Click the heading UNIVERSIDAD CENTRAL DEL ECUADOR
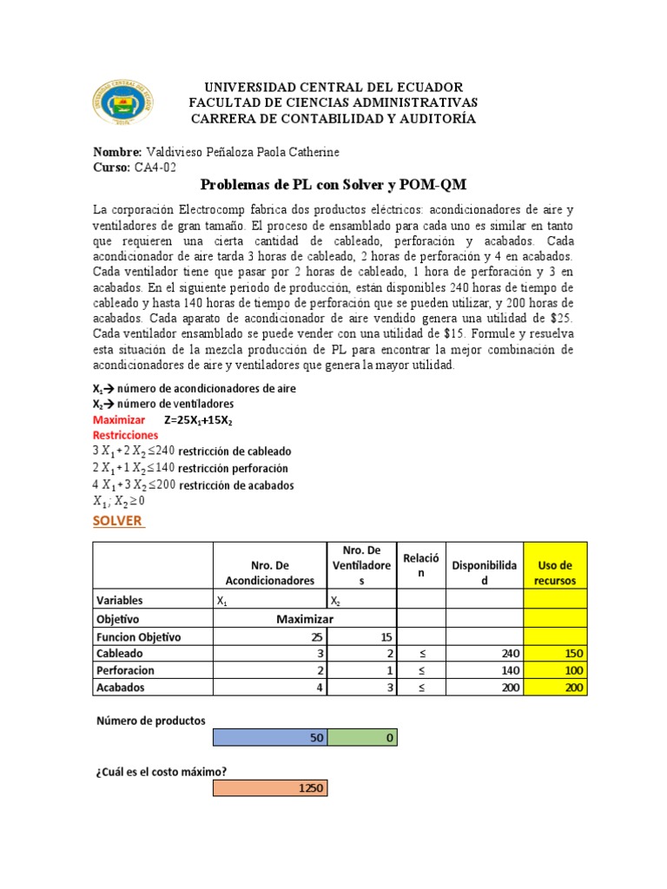[x=333, y=88]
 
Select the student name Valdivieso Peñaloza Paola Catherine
[x=241, y=152]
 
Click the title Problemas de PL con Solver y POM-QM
[x=333, y=186]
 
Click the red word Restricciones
[x=125, y=434]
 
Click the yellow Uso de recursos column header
[x=555, y=573]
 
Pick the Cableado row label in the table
[x=121, y=653]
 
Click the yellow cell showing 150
[x=555, y=653]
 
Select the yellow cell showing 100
[x=555, y=670]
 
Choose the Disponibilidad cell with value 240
[x=485, y=653]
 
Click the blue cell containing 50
[x=270, y=737]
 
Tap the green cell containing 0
[x=362, y=737]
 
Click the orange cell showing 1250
[x=270, y=787]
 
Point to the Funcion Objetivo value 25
[x=270, y=635]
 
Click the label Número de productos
[x=149, y=721]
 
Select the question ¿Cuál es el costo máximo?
[x=166, y=771]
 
